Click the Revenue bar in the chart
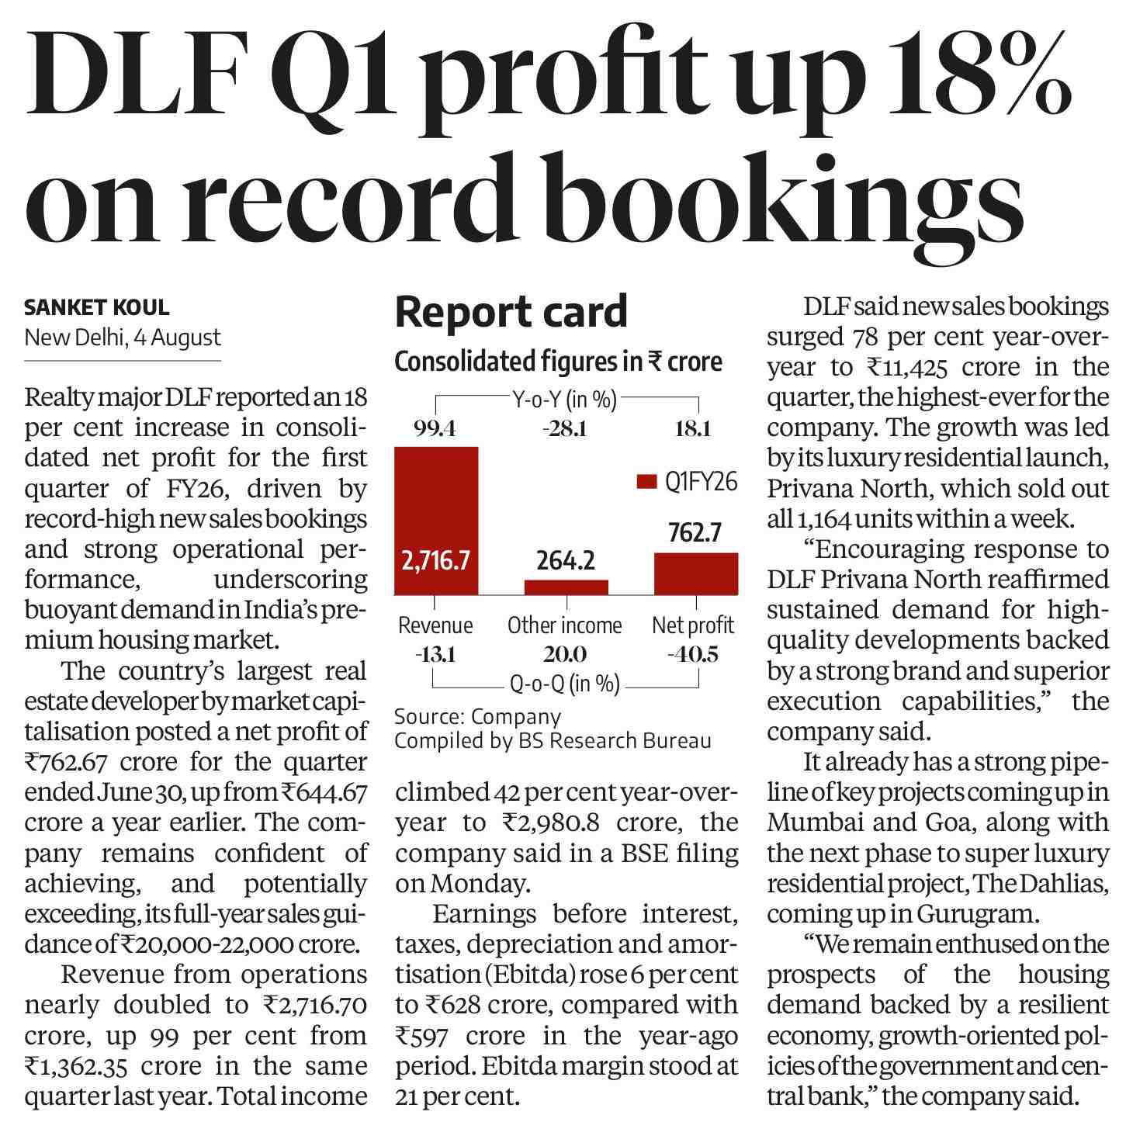(435, 521)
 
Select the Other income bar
(566, 587)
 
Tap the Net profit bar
(696, 573)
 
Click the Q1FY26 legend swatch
(646, 482)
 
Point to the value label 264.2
(566, 561)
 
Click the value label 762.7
(695, 532)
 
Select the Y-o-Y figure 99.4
(435, 429)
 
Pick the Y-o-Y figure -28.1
(564, 429)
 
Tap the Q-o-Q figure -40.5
(693, 654)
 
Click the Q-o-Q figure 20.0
(564, 654)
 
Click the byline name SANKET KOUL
(97, 307)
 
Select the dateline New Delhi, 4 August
(123, 338)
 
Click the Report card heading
(511, 312)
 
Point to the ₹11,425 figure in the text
(907, 367)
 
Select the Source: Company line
(478, 716)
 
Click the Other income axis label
(564, 625)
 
